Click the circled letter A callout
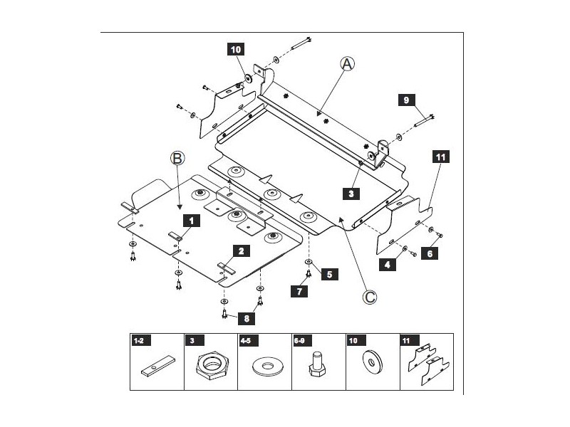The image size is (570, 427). [347, 64]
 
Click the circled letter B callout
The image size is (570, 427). [178, 159]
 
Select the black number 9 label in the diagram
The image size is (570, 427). [406, 100]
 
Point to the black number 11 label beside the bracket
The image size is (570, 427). [440, 158]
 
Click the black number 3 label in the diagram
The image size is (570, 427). [351, 192]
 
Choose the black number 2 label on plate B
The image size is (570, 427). [242, 251]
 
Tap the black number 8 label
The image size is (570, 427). [246, 318]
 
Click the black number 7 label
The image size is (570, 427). [299, 290]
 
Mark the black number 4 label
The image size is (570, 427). [388, 264]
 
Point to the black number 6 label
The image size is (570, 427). [431, 252]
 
